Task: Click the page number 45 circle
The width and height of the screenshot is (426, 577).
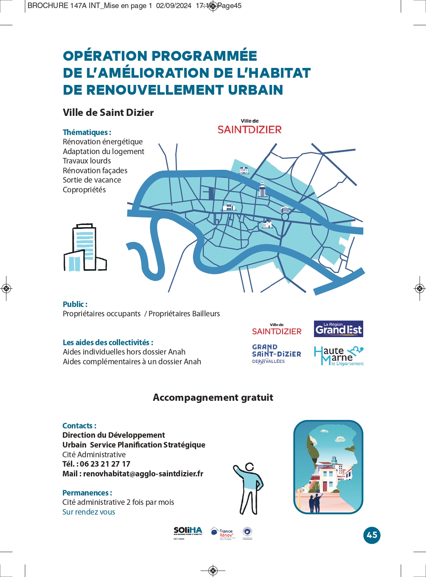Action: tap(372, 535)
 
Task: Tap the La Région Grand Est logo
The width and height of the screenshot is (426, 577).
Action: tap(338, 329)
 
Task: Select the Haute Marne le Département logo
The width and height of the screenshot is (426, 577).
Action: tap(339, 356)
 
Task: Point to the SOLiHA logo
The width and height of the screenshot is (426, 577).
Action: tap(188, 532)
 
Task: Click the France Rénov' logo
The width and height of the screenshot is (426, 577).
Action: tap(223, 533)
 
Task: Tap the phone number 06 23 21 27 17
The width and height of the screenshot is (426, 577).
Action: tap(105, 464)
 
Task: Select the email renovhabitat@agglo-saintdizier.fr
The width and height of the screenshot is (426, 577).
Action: tap(143, 474)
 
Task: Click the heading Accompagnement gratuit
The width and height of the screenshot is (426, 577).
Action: tap(213, 397)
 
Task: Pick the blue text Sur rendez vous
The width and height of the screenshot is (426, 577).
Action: tap(89, 512)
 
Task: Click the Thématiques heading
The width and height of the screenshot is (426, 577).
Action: tap(87, 132)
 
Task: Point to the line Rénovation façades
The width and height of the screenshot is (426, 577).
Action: tap(95, 171)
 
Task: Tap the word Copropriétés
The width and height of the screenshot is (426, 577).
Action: tap(84, 190)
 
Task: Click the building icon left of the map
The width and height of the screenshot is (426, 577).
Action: tap(85, 248)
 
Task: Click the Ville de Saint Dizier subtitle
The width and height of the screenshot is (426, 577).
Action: tap(108, 113)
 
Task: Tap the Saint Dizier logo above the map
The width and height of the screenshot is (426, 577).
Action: tap(249, 127)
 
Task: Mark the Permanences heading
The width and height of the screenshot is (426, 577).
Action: tap(87, 493)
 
